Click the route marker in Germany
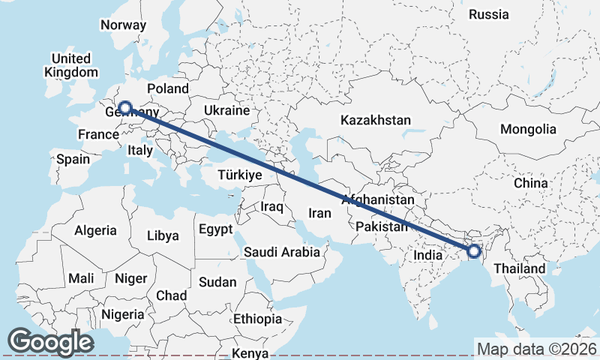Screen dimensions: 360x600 tap(125, 108)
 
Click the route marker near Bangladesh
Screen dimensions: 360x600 tap(474, 251)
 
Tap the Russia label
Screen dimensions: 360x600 tap(488, 14)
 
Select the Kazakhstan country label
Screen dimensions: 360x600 tap(376, 120)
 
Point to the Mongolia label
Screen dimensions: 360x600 tap(529, 129)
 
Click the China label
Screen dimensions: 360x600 tap(531, 182)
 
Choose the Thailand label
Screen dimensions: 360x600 tap(520, 268)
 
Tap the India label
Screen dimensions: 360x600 tap(428, 255)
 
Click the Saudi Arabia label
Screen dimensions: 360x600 tap(281, 253)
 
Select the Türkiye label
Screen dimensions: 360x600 tap(239, 175)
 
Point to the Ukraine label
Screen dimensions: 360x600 tap(226, 110)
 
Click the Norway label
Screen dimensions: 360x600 tap(123, 24)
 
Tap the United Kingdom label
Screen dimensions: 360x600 tap(71, 65)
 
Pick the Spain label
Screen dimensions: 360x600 tap(73, 159)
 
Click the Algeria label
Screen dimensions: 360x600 tap(95, 230)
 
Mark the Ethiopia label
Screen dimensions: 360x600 tap(257, 319)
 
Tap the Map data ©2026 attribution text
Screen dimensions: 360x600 tap(536, 349)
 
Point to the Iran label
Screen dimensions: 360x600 tap(319, 213)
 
